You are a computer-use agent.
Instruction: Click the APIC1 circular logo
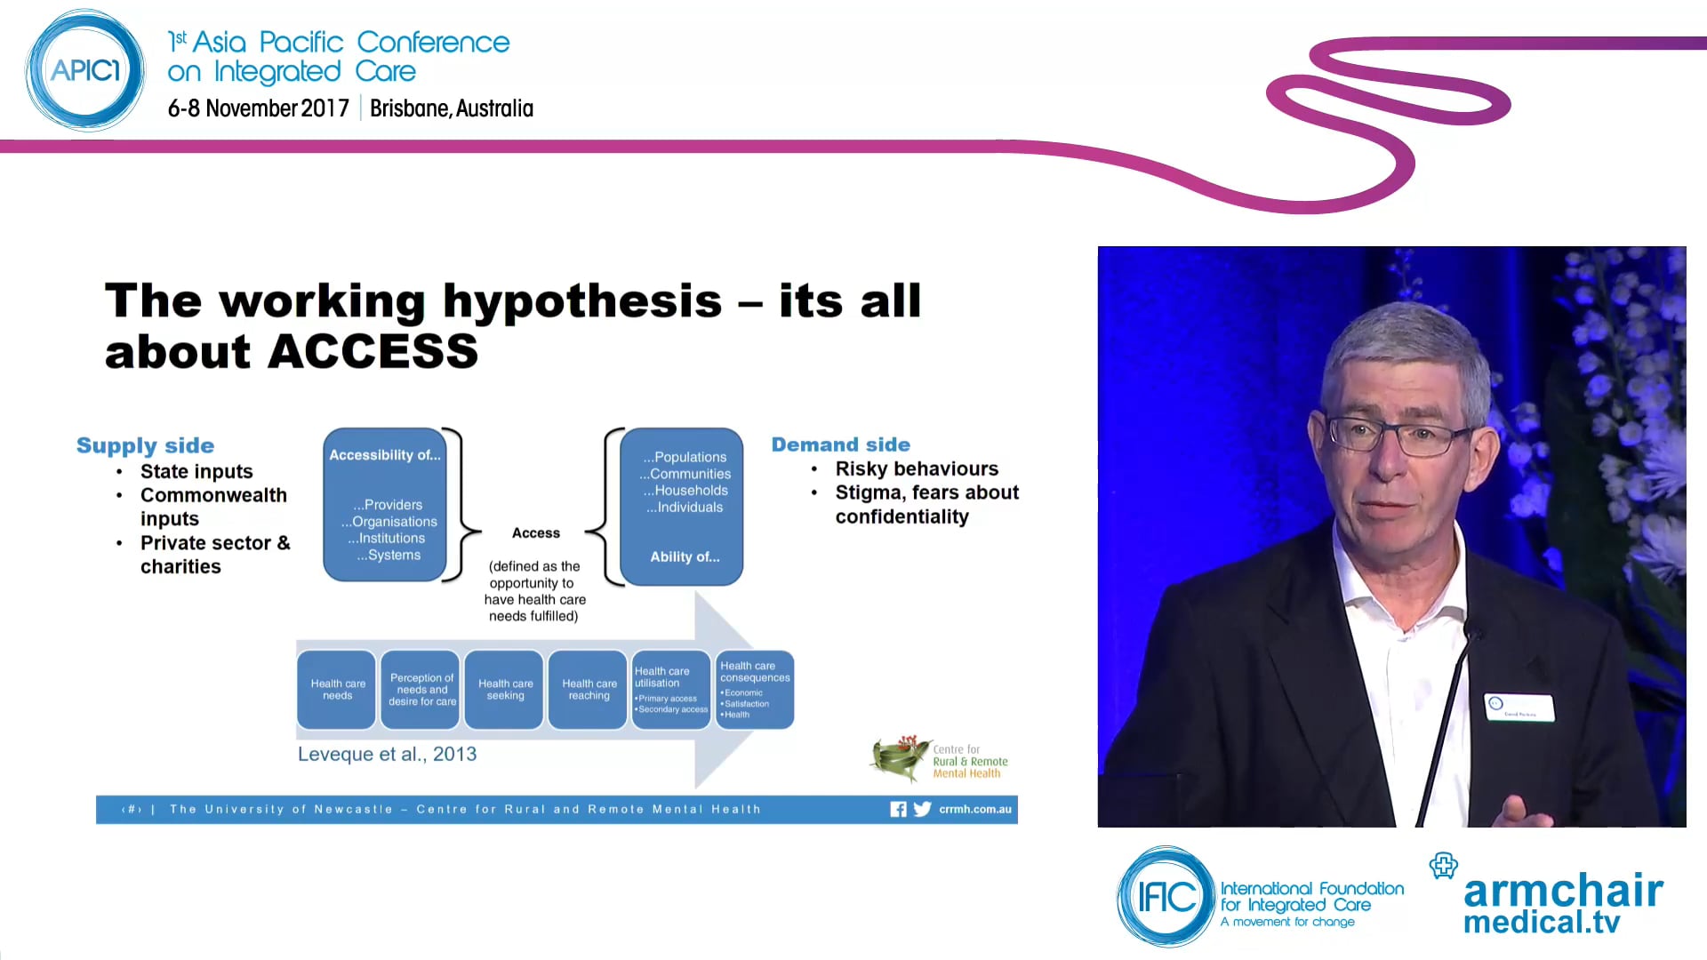[85, 71]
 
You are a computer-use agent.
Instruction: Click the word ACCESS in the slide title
[373, 352]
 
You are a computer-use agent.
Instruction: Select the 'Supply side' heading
[145, 445]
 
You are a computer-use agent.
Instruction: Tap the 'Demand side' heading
[840, 444]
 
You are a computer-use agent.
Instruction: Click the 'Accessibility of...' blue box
[384, 504]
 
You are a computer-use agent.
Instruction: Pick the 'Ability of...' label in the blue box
[685, 557]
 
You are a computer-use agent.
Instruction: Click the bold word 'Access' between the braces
[535, 533]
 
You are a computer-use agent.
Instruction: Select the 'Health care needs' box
[337, 690]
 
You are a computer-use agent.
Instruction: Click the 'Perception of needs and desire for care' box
[421, 690]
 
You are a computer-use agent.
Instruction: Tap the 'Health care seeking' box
[505, 690]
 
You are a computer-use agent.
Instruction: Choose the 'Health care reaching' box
[589, 690]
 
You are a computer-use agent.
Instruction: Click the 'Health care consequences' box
[755, 690]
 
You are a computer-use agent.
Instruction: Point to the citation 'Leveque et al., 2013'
[387, 755]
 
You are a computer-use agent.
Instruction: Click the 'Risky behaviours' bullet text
[916, 468]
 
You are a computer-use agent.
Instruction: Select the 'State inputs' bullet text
[196, 471]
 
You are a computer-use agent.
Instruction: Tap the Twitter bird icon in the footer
[922, 809]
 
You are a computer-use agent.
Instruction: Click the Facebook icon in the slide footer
[898, 809]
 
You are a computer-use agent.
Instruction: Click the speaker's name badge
[1519, 707]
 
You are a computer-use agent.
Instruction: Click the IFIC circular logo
[1166, 897]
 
